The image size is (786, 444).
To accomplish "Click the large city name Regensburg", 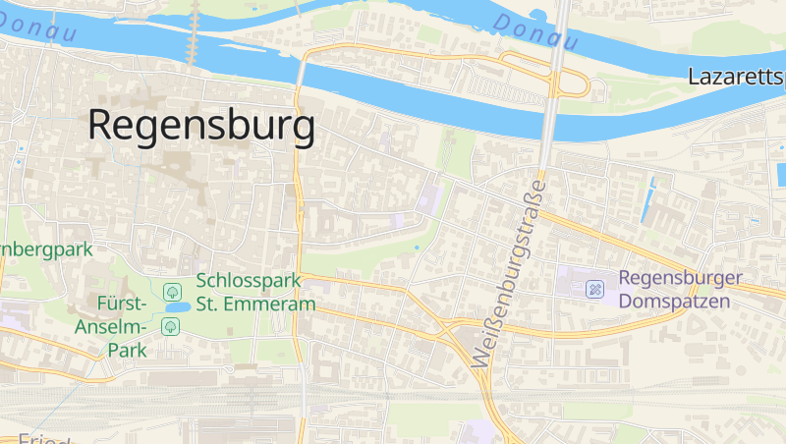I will (201, 126).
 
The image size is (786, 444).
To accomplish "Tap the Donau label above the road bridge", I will (534, 32).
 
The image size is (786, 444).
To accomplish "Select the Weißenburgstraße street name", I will (509, 274).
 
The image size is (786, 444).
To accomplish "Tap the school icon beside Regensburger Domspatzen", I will (594, 289).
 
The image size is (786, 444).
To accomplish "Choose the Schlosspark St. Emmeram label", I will (255, 292).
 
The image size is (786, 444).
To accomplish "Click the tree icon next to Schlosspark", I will (173, 291).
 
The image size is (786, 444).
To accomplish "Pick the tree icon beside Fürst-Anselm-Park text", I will (171, 326).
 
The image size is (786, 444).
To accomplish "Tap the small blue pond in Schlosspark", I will (178, 307).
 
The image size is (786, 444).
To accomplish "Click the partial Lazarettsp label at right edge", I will (736, 77).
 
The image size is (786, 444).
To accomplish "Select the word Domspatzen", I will (675, 301).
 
